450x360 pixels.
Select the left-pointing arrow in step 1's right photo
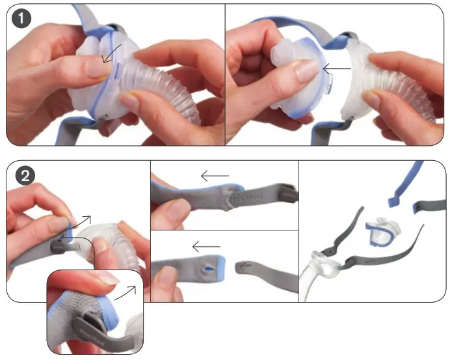click(337, 67)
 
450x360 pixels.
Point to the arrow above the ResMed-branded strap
click(215, 175)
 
